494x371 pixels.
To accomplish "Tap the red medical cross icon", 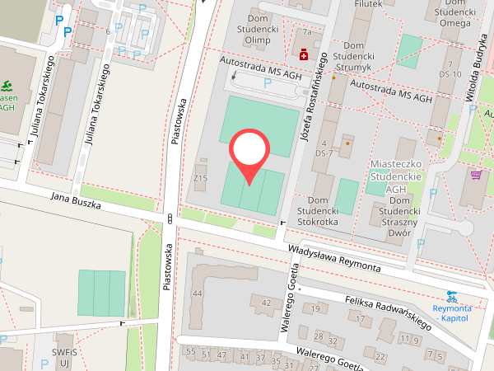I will pos(305,54).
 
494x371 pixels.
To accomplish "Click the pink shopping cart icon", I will pos(476,174).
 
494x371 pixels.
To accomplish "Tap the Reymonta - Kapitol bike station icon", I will pos(451,295).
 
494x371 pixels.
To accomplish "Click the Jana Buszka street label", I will pos(75,202).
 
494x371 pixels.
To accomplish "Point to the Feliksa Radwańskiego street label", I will pos(389,313).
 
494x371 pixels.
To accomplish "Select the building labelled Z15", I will pos(199,178).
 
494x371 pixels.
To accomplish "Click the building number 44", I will pos(197,293).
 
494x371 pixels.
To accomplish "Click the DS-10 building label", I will pos(450,74).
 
